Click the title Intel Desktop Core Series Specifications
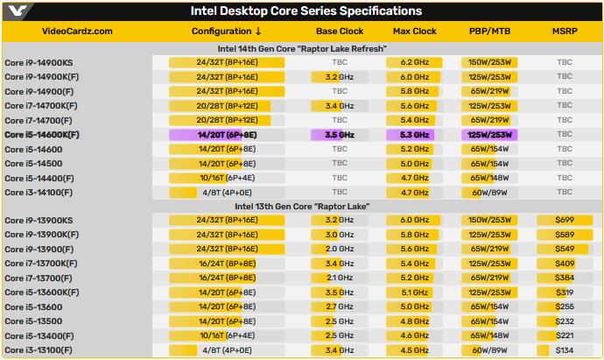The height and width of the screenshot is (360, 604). click(x=306, y=11)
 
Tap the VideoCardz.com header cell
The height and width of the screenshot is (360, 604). click(x=77, y=32)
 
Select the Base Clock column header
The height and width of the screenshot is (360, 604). click(x=339, y=32)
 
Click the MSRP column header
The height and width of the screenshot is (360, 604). click(x=564, y=32)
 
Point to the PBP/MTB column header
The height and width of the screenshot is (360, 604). click(x=490, y=32)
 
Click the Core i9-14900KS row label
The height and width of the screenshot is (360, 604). click(x=39, y=63)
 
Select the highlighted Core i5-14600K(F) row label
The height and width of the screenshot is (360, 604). click(x=42, y=135)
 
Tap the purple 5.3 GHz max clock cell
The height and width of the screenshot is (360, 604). click(x=414, y=135)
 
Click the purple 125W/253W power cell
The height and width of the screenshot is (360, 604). click(x=489, y=135)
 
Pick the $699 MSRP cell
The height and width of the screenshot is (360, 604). click(x=564, y=221)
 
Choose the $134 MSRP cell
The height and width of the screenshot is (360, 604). click(x=564, y=350)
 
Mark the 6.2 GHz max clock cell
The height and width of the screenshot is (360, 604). click(x=414, y=63)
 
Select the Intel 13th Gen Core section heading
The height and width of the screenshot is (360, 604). click(x=301, y=206)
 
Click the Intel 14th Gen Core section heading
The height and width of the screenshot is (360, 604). click(x=301, y=48)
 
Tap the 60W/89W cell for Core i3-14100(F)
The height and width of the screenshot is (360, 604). click(x=489, y=192)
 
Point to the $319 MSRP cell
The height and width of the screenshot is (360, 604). click(x=564, y=293)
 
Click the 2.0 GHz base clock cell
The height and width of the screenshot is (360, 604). click(x=339, y=250)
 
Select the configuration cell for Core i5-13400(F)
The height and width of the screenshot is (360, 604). click(x=227, y=335)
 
